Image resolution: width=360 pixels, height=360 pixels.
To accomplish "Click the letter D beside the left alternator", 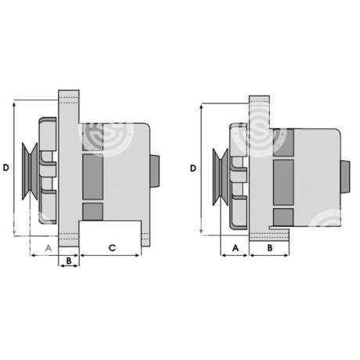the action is click(x=5, y=167).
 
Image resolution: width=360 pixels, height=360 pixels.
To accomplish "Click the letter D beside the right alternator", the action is click(x=193, y=168).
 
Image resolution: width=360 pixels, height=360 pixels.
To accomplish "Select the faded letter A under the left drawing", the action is click(x=49, y=247).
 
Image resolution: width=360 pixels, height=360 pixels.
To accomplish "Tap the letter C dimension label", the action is click(x=112, y=247).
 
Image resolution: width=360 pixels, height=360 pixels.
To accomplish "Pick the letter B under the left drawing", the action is click(x=69, y=261).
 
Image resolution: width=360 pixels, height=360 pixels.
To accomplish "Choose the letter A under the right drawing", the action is click(x=236, y=248).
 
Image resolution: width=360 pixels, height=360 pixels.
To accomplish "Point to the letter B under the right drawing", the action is click(x=270, y=248).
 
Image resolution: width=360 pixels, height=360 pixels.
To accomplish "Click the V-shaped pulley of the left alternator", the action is click(x=30, y=171).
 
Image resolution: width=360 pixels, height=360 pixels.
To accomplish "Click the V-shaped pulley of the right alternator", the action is click(x=221, y=177).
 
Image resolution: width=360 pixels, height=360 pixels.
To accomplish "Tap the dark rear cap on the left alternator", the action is click(x=155, y=171).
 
